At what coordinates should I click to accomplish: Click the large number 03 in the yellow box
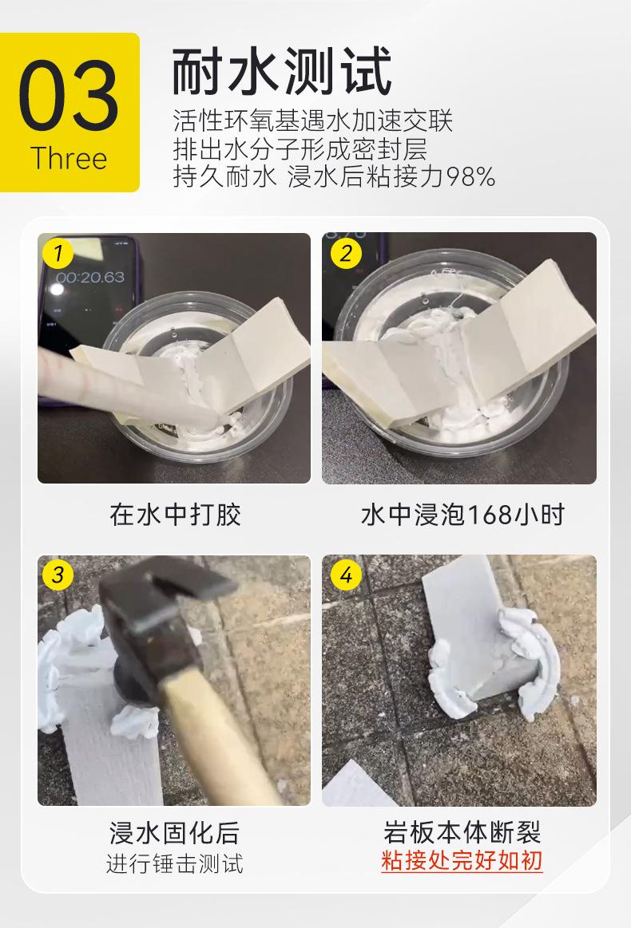tap(69, 95)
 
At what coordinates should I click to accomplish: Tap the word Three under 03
tap(69, 159)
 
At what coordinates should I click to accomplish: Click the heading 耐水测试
tap(281, 71)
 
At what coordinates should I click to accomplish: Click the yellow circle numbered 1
tap(58, 253)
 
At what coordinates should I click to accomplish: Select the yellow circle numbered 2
tap(346, 253)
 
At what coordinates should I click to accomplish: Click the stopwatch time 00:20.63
tap(90, 277)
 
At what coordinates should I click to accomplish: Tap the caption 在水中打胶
tap(175, 515)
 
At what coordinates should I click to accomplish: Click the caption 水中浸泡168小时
tap(462, 515)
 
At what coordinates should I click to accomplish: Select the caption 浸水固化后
tap(175, 833)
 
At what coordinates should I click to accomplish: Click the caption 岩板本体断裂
tap(462, 832)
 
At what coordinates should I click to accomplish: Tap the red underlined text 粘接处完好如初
tap(462, 860)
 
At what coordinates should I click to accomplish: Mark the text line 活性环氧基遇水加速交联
tap(313, 120)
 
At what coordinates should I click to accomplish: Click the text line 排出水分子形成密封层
tap(300, 149)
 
